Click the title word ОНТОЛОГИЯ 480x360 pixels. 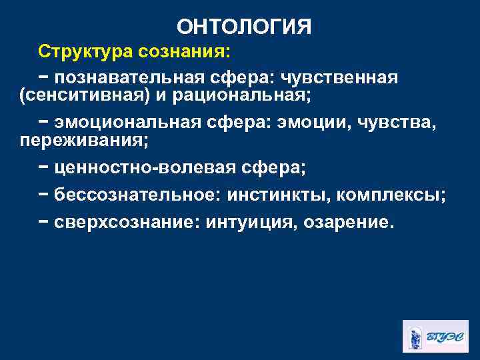[x=244, y=27]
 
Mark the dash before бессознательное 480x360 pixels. [x=43, y=195]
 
